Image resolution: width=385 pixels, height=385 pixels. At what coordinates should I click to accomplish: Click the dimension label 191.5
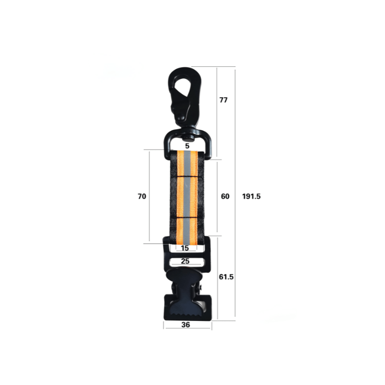pyautogui.click(x=251, y=196)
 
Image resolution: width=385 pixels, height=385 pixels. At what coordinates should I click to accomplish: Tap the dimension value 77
pyautogui.click(x=223, y=100)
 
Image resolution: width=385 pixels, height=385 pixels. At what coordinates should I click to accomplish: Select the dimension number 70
pyautogui.click(x=142, y=196)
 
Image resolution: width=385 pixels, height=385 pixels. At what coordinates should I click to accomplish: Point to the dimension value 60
pyautogui.click(x=225, y=196)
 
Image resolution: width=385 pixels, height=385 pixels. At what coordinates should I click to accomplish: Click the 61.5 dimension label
pyautogui.click(x=226, y=277)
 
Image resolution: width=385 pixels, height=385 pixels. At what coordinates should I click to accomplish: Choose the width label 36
pyautogui.click(x=186, y=324)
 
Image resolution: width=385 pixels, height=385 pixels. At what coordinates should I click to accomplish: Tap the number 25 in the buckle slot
pyautogui.click(x=185, y=261)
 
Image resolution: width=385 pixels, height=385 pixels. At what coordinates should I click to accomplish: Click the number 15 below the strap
pyautogui.click(x=185, y=248)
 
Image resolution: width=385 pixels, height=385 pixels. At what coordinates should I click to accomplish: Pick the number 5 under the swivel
pyautogui.click(x=187, y=146)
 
